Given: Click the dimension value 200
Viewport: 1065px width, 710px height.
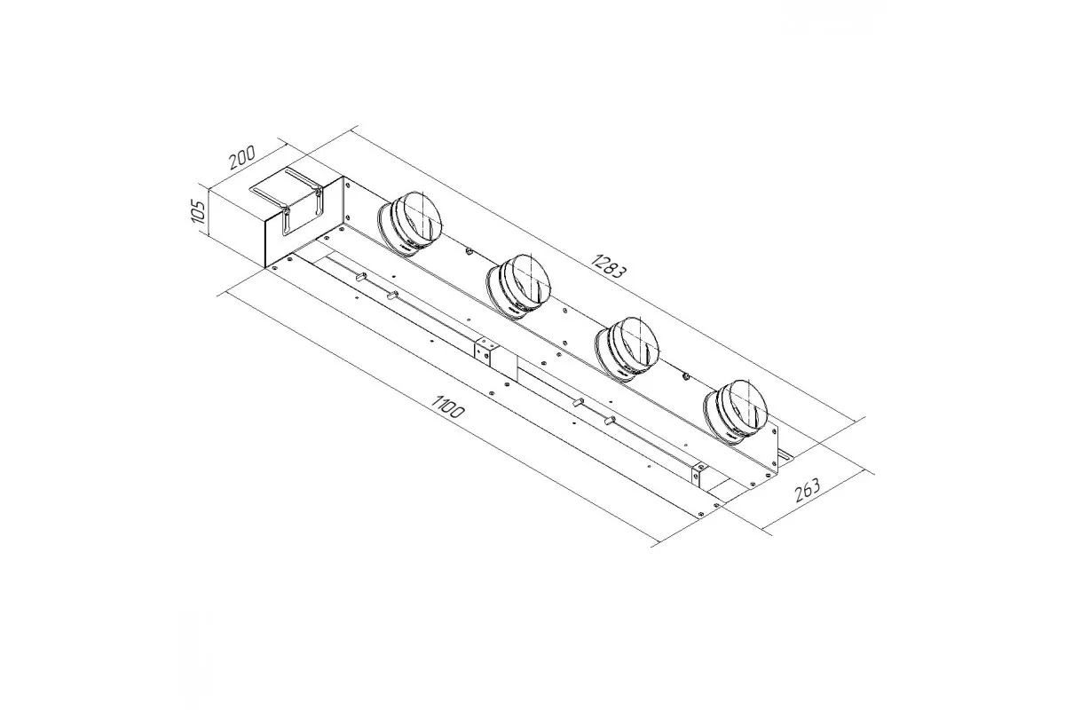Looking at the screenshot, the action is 242,157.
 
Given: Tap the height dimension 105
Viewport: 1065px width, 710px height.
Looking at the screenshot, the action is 196,212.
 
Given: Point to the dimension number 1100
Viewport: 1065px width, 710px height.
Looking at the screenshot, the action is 447,406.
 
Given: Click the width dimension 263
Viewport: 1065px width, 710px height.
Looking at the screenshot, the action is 808,490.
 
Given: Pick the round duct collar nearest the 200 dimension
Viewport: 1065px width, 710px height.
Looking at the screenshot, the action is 409,224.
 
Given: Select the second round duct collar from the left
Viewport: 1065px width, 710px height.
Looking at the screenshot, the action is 518,287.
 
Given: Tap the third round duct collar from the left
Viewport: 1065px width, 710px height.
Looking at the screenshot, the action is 627,349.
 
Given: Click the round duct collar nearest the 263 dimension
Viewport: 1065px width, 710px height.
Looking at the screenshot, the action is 736,412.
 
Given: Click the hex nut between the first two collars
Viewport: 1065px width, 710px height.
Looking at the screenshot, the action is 469,251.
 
